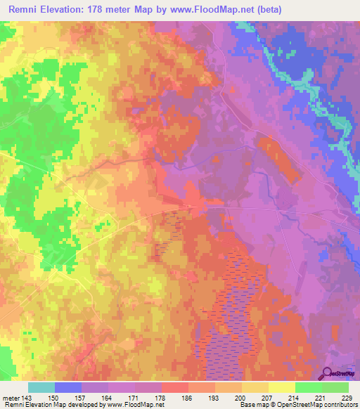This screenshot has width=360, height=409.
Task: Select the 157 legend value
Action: point(81,397)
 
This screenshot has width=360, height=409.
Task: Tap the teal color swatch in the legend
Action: point(41,387)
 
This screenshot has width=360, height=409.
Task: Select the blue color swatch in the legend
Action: point(67,387)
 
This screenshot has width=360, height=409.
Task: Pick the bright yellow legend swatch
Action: point(281,387)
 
